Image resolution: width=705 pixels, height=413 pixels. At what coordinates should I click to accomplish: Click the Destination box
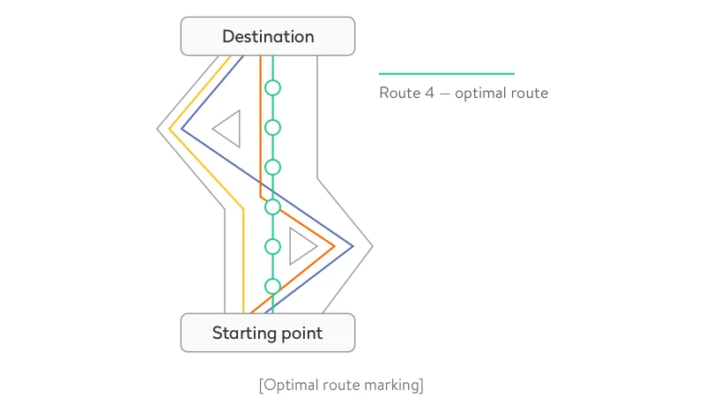click(x=268, y=36)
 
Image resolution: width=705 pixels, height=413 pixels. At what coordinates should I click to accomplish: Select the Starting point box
click(x=268, y=333)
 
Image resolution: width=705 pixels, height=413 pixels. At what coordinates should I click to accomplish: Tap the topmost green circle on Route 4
click(x=273, y=87)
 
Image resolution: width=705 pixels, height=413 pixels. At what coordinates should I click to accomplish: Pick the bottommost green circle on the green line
click(x=273, y=286)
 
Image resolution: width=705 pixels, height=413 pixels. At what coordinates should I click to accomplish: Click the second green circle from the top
click(x=273, y=127)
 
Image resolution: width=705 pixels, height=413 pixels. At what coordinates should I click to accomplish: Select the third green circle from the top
click(x=273, y=167)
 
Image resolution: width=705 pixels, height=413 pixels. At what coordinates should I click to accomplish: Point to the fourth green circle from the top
click(x=273, y=206)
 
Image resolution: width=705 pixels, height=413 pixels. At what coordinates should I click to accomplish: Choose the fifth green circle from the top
click(x=273, y=246)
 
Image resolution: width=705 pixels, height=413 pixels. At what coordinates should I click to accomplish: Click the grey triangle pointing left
click(x=229, y=129)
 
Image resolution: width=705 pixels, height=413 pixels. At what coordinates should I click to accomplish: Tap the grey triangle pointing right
click(x=300, y=245)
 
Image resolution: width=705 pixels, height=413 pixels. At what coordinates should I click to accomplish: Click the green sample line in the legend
click(x=446, y=73)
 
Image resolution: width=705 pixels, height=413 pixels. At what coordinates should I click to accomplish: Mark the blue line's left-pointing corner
click(x=182, y=129)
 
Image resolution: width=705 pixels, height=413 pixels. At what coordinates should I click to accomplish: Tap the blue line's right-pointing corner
click(x=352, y=246)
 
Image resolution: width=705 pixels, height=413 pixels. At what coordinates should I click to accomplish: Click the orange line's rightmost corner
click(x=334, y=246)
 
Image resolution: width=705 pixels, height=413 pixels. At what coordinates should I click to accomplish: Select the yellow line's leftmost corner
click(x=169, y=129)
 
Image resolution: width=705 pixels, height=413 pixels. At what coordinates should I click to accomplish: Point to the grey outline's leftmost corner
click(x=158, y=129)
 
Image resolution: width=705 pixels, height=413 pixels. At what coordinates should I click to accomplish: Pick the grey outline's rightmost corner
click(x=373, y=246)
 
